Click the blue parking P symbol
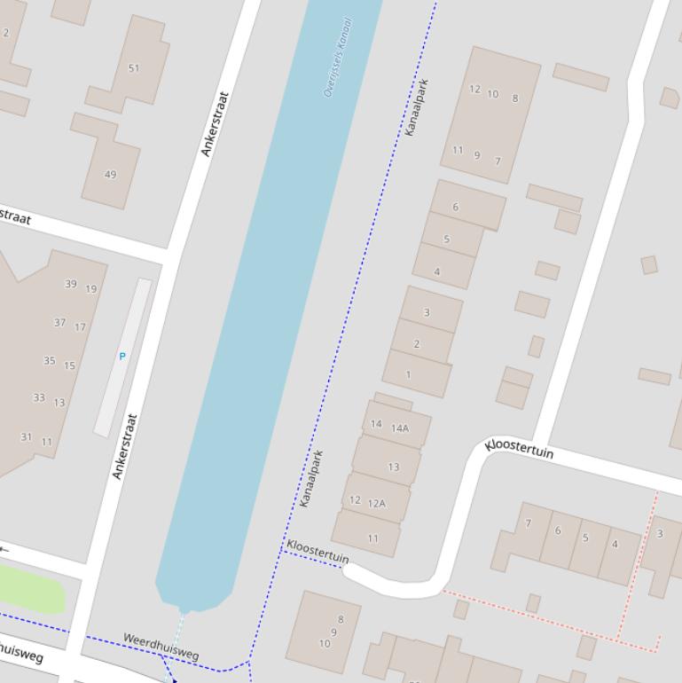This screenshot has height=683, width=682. click(x=122, y=357)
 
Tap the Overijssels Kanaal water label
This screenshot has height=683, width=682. click(x=338, y=58)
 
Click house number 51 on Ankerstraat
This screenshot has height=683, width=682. click(x=134, y=68)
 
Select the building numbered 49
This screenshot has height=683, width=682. click(x=110, y=175)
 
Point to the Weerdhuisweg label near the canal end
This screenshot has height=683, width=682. click(x=161, y=646)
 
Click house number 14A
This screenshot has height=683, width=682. click(x=400, y=428)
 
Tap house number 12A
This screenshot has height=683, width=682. click(x=377, y=504)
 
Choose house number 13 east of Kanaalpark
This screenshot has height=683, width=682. click(x=393, y=467)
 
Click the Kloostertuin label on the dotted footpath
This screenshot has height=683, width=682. click(x=317, y=551)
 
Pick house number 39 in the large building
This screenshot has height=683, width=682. click(x=71, y=284)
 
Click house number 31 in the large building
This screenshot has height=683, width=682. click(x=27, y=436)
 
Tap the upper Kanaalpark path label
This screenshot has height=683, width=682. click(x=416, y=107)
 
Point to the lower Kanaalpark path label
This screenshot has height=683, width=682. click(x=310, y=479)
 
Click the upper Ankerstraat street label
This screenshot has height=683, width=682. click(x=215, y=124)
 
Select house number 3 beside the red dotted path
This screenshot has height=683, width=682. click(x=659, y=534)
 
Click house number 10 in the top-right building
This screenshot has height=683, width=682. click(x=493, y=94)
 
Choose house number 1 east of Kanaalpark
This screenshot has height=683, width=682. click(x=409, y=374)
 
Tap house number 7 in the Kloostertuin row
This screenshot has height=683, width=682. click(x=529, y=523)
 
